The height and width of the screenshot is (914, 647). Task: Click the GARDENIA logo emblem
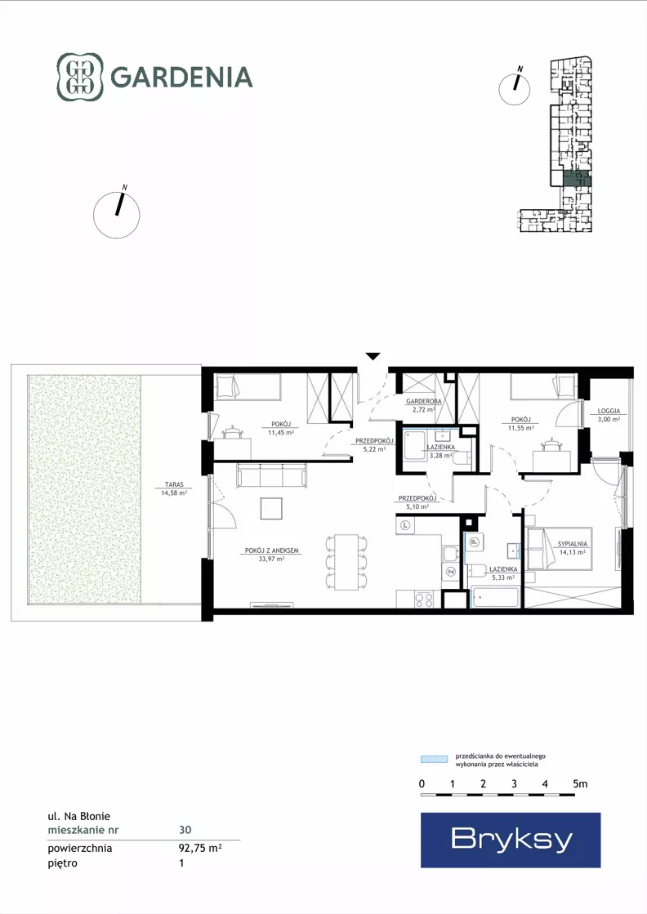(79, 77)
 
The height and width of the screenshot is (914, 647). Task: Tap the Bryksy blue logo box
(511, 840)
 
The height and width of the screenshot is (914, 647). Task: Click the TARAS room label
(174, 484)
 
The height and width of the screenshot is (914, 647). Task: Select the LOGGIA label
(609, 411)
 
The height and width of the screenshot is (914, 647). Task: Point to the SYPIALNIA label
(573, 544)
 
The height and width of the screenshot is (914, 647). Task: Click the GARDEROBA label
(424, 402)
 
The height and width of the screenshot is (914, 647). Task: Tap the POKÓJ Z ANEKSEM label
(271, 551)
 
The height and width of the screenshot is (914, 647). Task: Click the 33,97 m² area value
(271, 559)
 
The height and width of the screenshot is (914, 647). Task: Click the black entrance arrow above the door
(373, 356)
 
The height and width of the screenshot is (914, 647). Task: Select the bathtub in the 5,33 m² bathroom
(495, 597)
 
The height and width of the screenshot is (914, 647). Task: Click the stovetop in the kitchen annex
(424, 600)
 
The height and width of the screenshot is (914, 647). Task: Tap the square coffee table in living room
(271, 508)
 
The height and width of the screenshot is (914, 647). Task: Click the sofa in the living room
(271, 475)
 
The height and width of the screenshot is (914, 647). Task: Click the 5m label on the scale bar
(580, 784)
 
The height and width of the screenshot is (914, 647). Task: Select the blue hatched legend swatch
(435, 759)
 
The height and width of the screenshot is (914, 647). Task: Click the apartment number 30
(185, 830)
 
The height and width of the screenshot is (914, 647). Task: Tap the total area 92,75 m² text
(200, 848)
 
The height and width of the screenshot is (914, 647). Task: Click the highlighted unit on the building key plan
(577, 179)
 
